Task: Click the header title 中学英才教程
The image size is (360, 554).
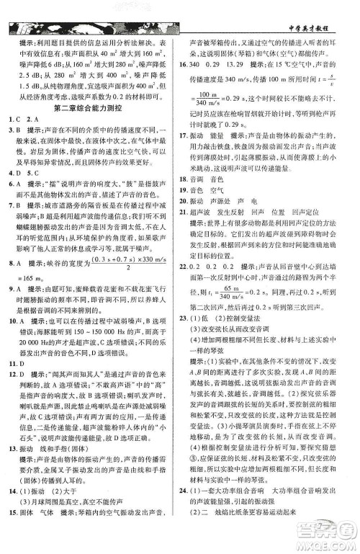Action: [318, 15]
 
